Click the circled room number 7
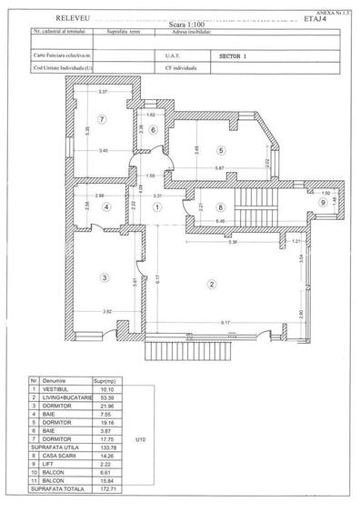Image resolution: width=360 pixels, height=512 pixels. pyautogui.click(x=104, y=118)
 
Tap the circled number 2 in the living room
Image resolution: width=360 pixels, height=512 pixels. pyautogui.click(x=211, y=285)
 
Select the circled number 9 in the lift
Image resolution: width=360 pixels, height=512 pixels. pyautogui.click(x=321, y=203)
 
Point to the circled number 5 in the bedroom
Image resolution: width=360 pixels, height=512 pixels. pyautogui.click(x=219, y=149)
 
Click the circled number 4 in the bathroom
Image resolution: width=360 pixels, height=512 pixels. pyautogui.click(x=106, y=207)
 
